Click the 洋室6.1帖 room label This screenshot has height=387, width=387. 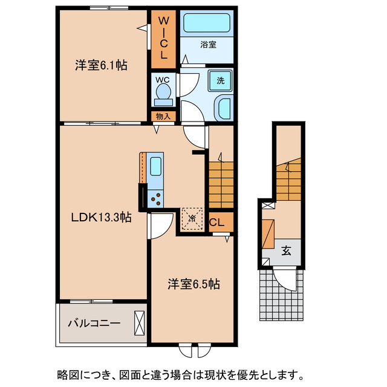coord(101,65)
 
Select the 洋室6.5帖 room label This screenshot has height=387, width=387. coord(193,284)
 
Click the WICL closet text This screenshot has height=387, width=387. coord(163,39)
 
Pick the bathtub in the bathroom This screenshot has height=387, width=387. coord(207,24)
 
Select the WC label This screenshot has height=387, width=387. coord(163,79)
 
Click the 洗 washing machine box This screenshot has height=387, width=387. coord(221,80)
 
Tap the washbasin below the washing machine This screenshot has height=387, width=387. coord(222,109)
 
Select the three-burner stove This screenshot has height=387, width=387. coord(155,197)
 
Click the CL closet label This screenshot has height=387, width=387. coord(216,223)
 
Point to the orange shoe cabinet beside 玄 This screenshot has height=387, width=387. coord(268,233)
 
